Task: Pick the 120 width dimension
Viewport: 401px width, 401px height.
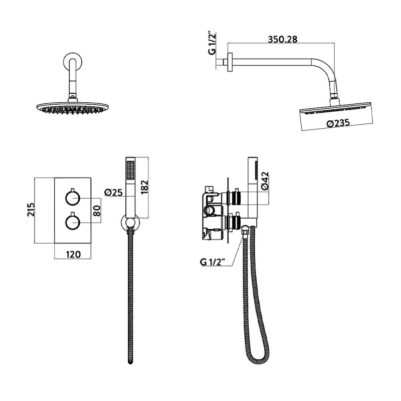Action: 73,254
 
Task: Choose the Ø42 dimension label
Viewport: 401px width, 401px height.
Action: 266,180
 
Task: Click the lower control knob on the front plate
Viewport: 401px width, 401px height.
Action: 73,222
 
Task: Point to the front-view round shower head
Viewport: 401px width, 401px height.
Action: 73,107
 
